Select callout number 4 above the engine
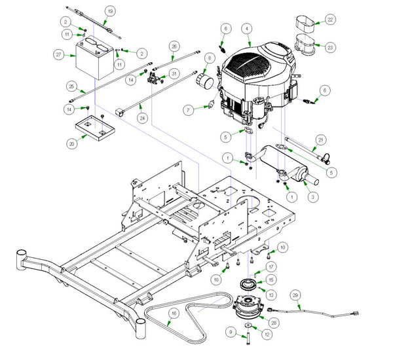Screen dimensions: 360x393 click(246, 29)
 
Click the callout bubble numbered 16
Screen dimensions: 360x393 click(173, 314)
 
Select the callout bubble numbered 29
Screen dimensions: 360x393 click(295, 296)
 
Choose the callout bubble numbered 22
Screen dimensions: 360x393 click(330, 20)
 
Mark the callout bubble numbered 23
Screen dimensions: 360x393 click(330, 47)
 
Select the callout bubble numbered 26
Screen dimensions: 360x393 click(174, 46)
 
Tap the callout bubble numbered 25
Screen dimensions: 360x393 click(71, 86)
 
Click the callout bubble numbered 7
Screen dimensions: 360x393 click(187, 110)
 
